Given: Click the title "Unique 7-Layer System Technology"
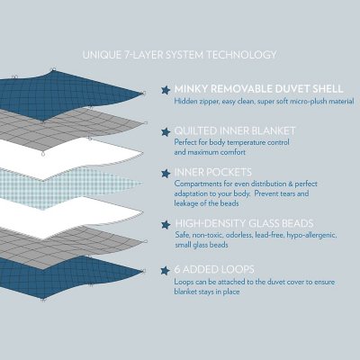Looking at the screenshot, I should (x=179, y=56).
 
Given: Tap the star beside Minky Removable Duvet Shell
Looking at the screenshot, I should (x=165, y=89).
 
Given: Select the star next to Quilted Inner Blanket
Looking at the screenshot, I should (x=165, y=131).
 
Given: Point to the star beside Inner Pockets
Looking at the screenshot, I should (x=165, y=174).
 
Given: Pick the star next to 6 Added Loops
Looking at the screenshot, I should (x=165, y=268).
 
